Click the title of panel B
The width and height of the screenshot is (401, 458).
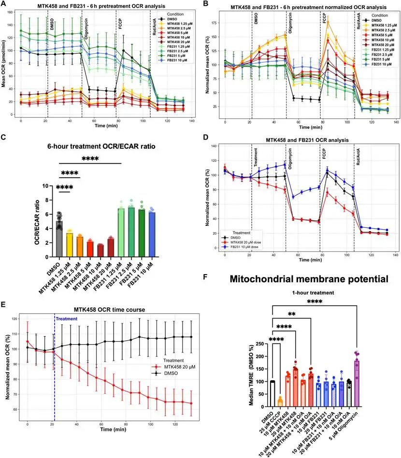[302, 7]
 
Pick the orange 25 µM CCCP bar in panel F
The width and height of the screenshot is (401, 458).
[280, 402]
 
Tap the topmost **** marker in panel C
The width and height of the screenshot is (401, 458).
[91, 158]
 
